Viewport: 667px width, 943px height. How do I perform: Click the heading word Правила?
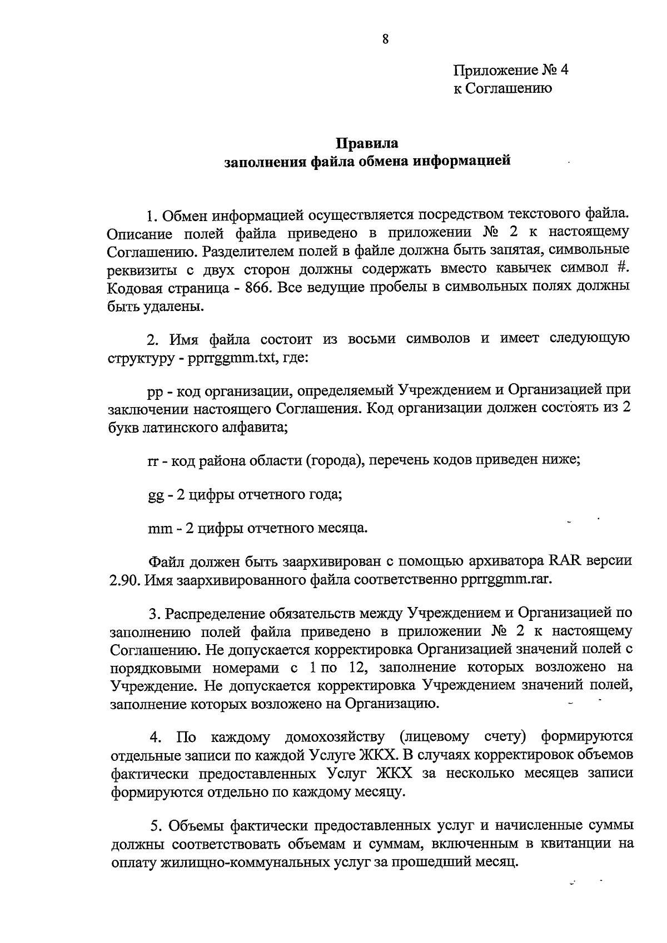(x=367, y=143)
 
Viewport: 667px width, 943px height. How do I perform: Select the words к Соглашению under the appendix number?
(x=502, y=88)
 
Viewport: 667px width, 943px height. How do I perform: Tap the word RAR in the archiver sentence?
(x=565, y=560)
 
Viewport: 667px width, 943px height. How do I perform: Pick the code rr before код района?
(x=153, y=460)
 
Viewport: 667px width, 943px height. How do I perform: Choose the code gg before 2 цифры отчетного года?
(x=155, y=494)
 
